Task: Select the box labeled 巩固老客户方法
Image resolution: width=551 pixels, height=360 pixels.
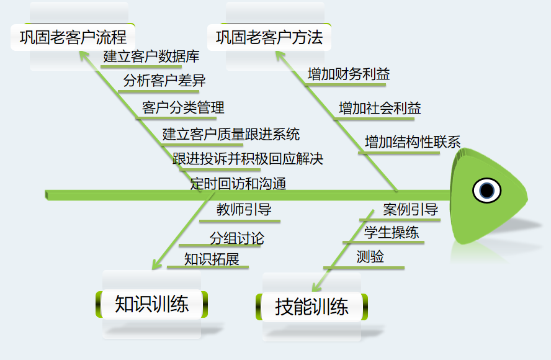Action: pyautogui.click(x=269, y=37)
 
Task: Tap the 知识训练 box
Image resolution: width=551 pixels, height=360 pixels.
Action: pyautogui.click(x=152, y=304)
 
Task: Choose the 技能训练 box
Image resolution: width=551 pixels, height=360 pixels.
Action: pyautogui.click(x=311, y=306)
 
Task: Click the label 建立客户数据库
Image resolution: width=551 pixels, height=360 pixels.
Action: pyautogui.click(x=151, y=56)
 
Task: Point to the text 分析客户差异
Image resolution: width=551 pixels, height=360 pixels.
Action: pyautogui.click(x=164, y=81)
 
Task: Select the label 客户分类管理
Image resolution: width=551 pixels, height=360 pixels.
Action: pyautogui.click(x=183, y=107)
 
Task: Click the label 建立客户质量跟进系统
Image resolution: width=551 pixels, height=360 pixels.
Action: pyautogui.click(x=231, y=133)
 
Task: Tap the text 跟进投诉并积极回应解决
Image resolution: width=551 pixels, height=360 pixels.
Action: pyautogui.click(x=248, y=158)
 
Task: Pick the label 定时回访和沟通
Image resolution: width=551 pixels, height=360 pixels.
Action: pyautogui.click(x=238, y=183)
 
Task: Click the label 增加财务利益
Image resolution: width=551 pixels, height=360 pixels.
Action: pyautogui.click(x=349, y=74)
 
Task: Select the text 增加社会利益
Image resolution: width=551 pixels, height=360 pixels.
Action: pyautogui.click(x=380, y=108)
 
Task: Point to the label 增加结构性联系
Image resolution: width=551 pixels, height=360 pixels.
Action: pyautogui.click(x=413, y=142)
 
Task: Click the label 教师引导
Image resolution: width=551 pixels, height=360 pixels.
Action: pyautogui.click(x=244, y=209)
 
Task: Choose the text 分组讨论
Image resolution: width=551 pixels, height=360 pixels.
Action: pyautogui.click(x=236, y=238)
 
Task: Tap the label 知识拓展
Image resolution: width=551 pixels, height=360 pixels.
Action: pyautogui.click(x=212, y=259)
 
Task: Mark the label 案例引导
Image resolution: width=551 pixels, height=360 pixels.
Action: pyautogui.click(x=410, y=209)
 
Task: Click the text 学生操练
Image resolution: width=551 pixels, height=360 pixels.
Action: pyautogui.click(x=391, y=233)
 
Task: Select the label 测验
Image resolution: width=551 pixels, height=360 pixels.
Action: pyautogui.click(x=370, y=256)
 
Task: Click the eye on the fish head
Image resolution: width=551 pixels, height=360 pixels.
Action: pyautogui.click(x=486, y=190)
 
